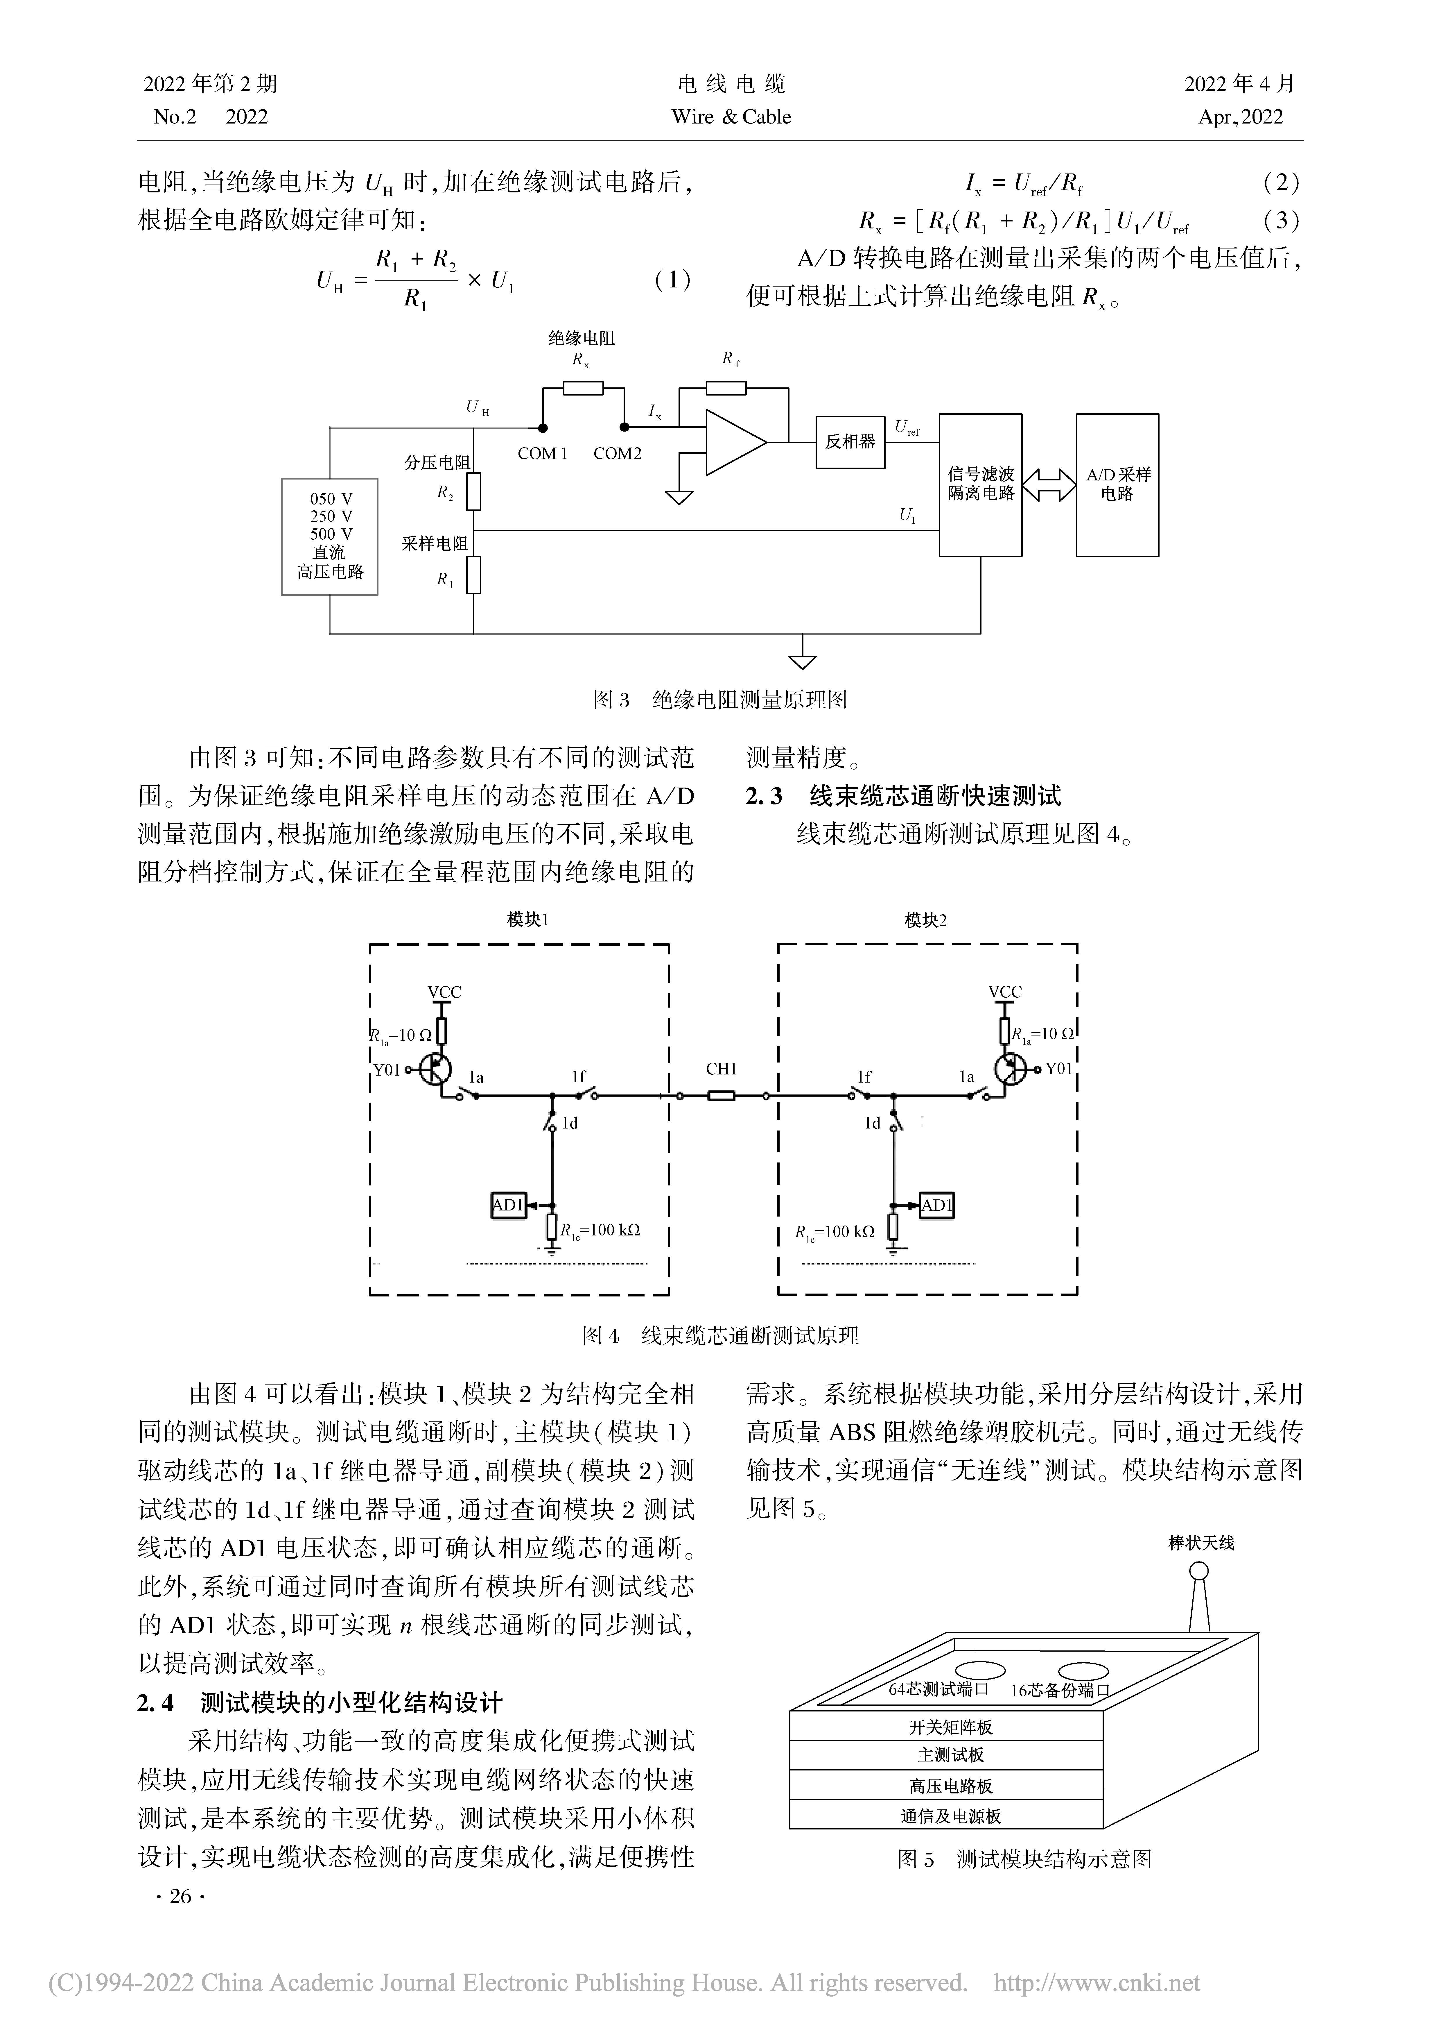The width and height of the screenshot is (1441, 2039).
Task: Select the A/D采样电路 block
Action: (x=1117, y=485)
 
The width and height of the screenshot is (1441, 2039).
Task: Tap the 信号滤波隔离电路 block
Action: (x=980, y=485)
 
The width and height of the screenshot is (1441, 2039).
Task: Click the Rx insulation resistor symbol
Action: (x=583, y=388)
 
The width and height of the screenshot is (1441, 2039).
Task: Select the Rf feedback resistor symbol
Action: (x=726, y=388)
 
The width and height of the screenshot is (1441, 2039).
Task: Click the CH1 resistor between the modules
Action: (x=721, y=1097)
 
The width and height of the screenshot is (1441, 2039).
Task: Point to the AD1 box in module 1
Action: (x=509, y=1205)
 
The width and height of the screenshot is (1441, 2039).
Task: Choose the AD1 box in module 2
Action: (x=937, y=1205)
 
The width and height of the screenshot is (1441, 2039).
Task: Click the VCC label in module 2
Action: (x=1005, y=992)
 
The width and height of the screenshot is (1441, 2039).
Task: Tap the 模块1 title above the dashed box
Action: (x=527, y=920)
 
